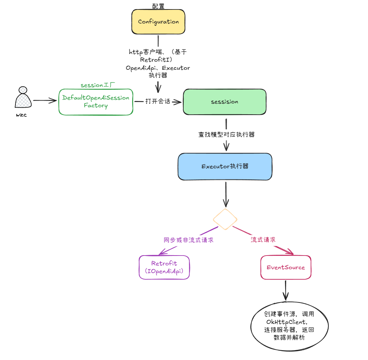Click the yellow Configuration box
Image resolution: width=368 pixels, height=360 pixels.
click(x=158, y=22)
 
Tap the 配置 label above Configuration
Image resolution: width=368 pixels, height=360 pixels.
click(x=158, y=6)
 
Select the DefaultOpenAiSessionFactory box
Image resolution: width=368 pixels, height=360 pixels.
click(x=96, y=102)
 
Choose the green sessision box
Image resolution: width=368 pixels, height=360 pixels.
click(x=224, y=102)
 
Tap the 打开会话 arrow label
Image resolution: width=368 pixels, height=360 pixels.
click(x=158, y=101)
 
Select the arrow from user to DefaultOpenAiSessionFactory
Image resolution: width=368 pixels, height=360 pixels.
click(x=45, y=101)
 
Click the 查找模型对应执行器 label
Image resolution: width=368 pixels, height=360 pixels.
click(x=226, y=134)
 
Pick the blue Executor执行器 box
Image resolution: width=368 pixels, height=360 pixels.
click(x=225, y=167)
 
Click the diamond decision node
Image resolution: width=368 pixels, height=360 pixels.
click(x=225, y=219)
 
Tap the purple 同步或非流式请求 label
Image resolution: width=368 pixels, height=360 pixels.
click(x=189, y=240)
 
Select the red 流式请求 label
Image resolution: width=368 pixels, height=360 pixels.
click(x=263, y=240)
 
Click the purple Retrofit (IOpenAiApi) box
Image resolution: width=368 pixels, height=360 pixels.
click(x=164, y=267)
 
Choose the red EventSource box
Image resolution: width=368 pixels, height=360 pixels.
click(x=286, y=267)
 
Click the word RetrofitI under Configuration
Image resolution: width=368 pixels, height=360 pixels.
click(x=158, y=60)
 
